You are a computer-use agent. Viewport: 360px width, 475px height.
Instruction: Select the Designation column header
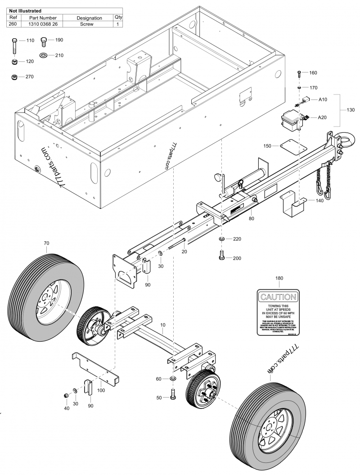coord(89,18)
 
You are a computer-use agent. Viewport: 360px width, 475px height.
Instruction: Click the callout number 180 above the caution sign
coord(279,278)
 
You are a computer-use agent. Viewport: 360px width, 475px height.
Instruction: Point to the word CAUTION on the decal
coord(278,297)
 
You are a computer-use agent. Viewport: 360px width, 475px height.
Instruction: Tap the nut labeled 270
coord(14,77)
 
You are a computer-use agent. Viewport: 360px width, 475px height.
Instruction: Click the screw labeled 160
coord(299,73)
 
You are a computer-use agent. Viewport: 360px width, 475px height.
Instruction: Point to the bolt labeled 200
coord(222,255)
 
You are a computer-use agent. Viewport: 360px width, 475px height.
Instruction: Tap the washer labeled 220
coord(222,238)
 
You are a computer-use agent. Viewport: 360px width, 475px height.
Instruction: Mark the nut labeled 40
coord(65,395)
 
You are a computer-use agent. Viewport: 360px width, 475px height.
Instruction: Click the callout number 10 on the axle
coord(162,324)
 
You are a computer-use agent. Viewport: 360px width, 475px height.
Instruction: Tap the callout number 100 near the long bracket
coord(101,390)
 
